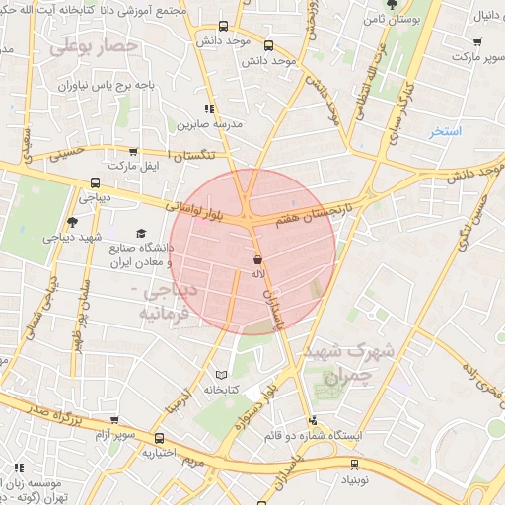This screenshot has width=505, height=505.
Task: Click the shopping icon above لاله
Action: (256, 259)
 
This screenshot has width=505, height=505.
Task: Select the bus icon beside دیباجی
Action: (95, 182)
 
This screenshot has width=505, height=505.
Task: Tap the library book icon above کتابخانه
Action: (221, 375)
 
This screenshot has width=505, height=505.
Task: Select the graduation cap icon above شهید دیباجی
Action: (72, 222)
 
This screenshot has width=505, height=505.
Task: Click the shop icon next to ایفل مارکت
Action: (133, 152)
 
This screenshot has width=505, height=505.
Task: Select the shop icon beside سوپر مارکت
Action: (477, 42)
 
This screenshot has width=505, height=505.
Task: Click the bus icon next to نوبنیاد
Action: (351, 464)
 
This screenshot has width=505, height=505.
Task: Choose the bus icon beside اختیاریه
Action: (159, 437)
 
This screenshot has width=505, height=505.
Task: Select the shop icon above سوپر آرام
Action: (114, 420)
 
